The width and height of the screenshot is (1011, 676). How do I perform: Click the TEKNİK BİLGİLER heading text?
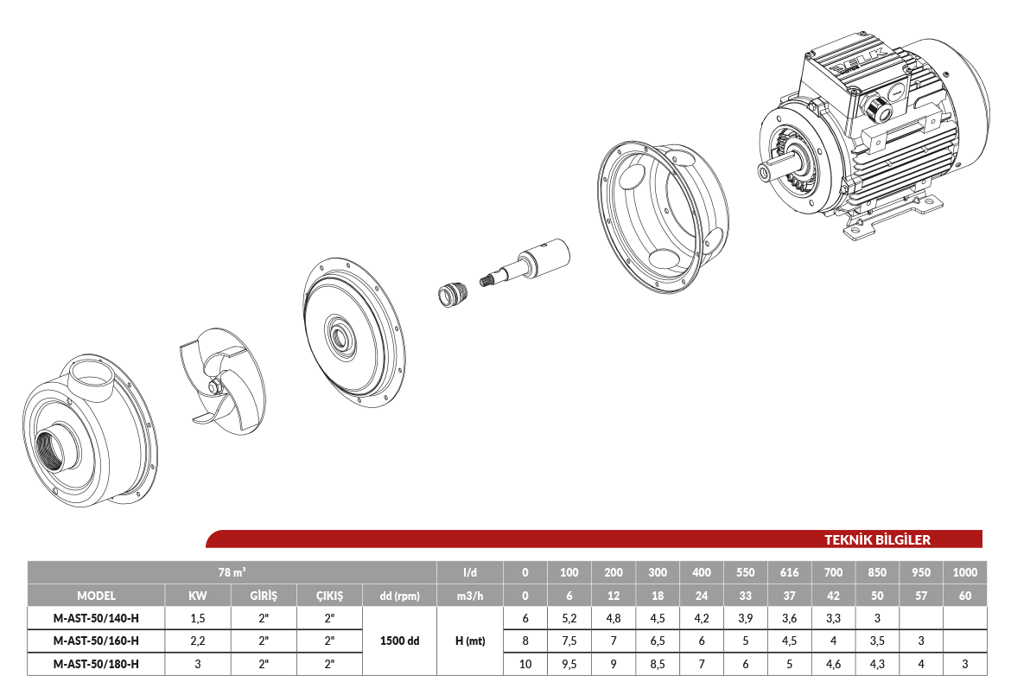coord(877,539)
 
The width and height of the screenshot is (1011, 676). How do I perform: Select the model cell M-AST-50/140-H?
coord(96,618)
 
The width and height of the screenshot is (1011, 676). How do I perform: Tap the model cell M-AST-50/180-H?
coord(96,664)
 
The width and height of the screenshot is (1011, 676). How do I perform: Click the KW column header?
coord(197,596)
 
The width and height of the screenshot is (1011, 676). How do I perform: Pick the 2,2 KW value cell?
coord(197,641)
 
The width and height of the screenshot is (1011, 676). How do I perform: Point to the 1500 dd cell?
coord(400,641)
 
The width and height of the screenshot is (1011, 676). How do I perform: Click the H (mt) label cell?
coord(470,641)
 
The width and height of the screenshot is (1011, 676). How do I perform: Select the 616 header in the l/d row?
coord(789,572)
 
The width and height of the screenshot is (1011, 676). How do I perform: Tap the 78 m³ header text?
coord(232,572)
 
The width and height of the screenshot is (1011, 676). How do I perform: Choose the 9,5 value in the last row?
coord(569,664)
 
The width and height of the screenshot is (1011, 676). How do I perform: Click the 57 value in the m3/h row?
coord(921,596)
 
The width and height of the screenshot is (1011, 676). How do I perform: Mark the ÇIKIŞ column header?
coord(329,596)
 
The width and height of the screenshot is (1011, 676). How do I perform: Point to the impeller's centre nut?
coord(214,387)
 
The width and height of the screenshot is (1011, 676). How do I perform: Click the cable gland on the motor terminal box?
coord(877,108)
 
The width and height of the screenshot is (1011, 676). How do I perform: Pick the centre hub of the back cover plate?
coord(340,335)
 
